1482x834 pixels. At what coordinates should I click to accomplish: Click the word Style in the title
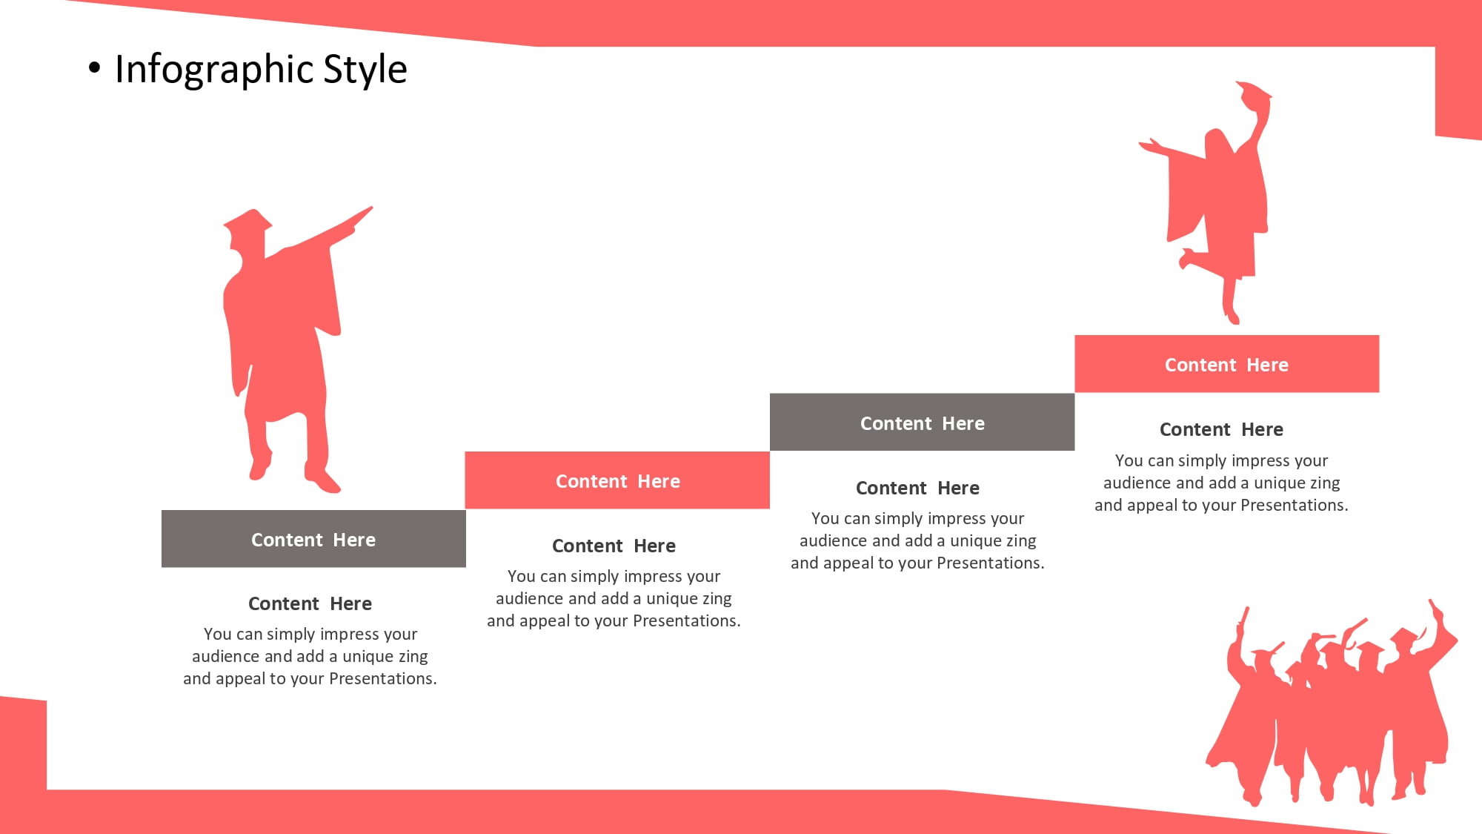click(x=365, y=70)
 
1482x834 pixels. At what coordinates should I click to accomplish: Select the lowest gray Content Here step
click(x=313, y=539)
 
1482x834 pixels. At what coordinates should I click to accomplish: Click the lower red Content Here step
click(x=617, y=480)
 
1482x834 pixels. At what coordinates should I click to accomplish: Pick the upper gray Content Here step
click(x=922, y=423)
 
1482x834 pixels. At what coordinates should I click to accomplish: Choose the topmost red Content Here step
click(x=1226, y=364)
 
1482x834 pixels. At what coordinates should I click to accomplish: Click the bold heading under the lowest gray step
click(x=310, y=603)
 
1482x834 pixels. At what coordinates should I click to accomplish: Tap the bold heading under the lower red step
click(x=614, y=546)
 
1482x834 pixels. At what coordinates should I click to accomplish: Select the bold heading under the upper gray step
click(x=917, y=488)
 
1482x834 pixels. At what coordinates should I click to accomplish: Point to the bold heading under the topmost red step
click(x=1221, y=429)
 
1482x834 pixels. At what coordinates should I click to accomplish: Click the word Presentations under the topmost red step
click(x=1294, y=505)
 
